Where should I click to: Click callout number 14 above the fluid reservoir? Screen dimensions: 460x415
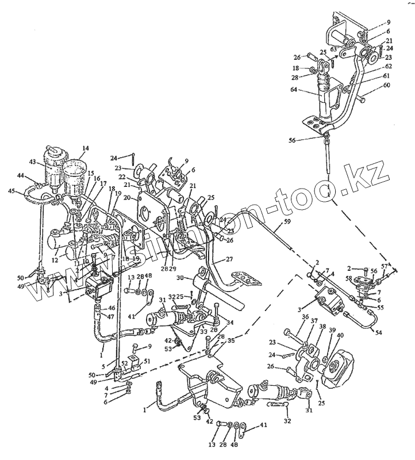pos(85,149)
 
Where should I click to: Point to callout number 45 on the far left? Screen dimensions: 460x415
pos(11,191)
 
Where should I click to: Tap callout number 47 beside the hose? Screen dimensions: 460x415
pos(112,317)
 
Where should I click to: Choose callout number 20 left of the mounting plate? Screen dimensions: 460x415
pos(126,198)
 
